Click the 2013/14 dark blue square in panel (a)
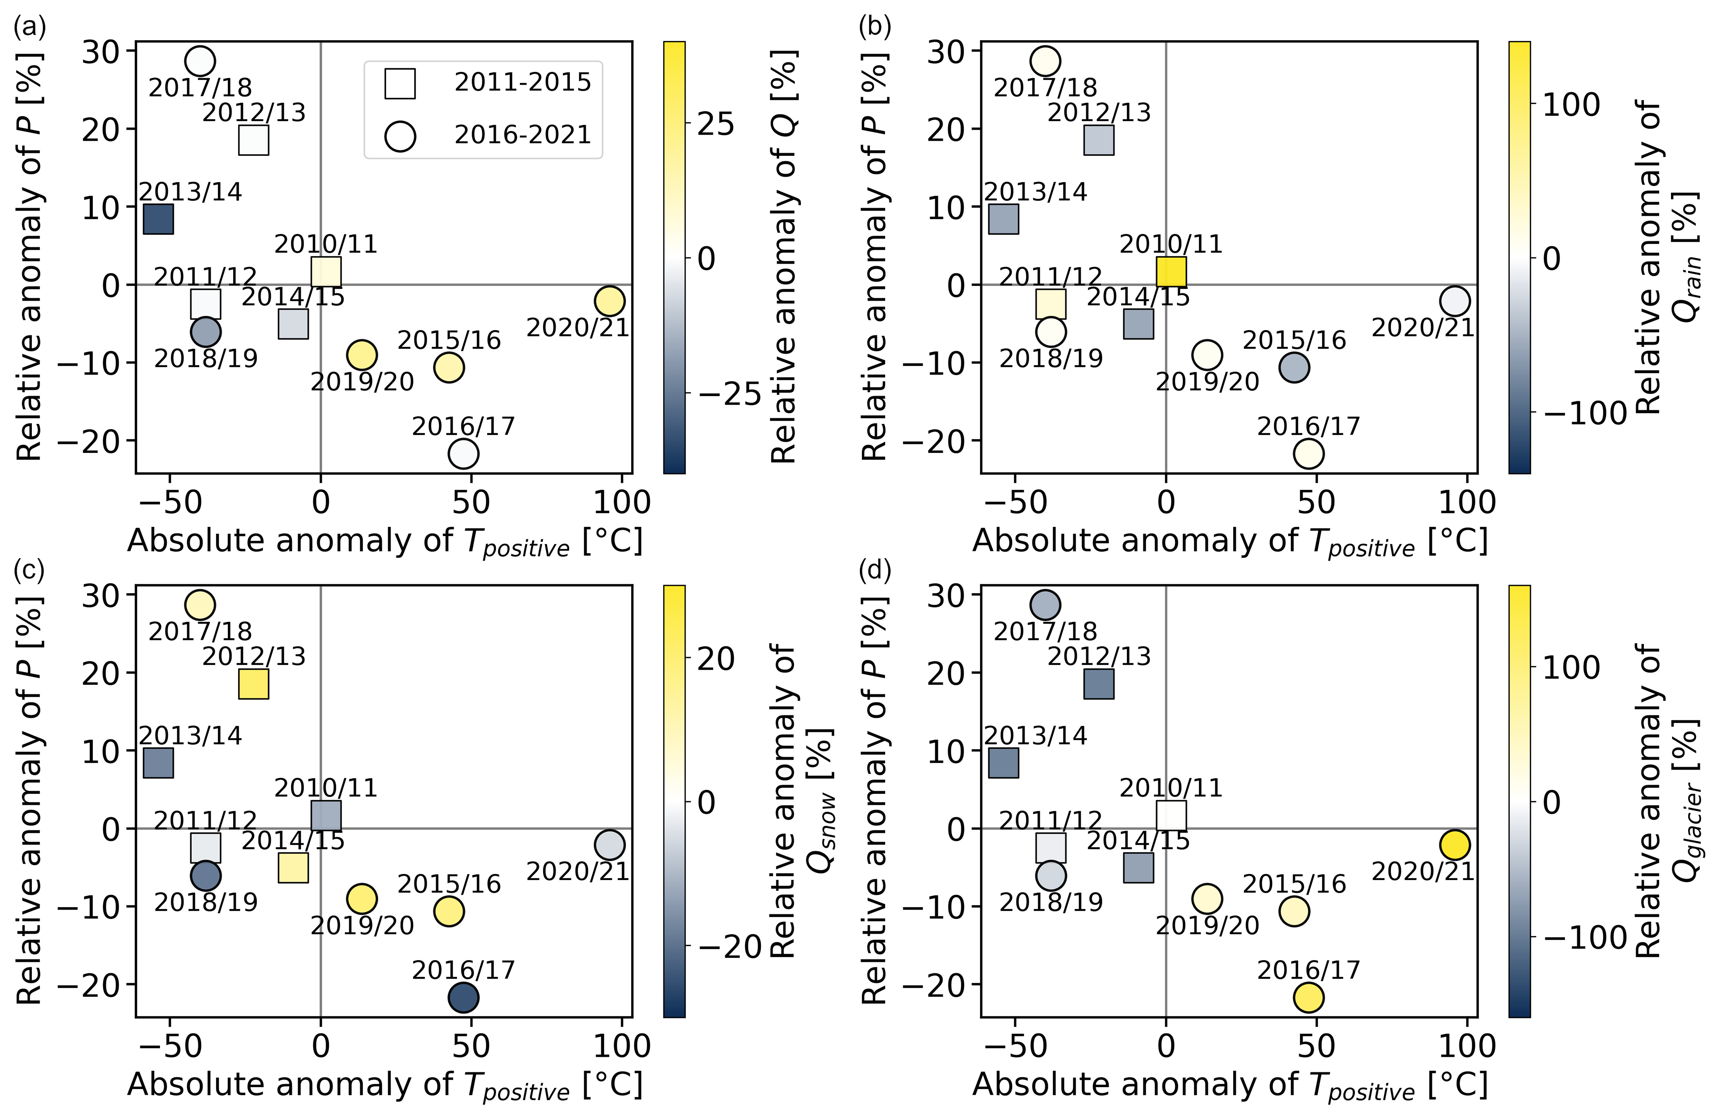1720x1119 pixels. (158, 219)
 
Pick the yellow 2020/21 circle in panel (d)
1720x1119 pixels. (1455, 844)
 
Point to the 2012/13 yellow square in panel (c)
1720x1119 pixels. (254, 683)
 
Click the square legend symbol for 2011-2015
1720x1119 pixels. (400, 83)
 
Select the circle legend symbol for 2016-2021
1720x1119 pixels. (400, 136)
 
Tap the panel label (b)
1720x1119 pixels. (875, 27)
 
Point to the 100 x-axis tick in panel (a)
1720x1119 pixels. (621, 502)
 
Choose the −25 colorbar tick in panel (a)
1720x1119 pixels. (730, 395)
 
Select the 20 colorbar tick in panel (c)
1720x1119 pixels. (715, 659)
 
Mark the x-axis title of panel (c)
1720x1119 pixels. (384, 1086)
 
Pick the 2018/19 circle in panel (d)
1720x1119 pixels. (1051, 876)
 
